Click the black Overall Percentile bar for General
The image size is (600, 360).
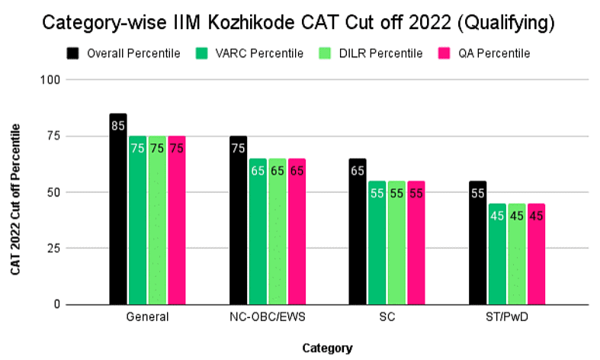[118, 210]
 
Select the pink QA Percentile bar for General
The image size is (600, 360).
[177, 220]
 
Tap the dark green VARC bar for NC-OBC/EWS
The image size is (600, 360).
[258, 232]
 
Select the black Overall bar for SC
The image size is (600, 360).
[358, 232]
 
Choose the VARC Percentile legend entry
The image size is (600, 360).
[251, 53]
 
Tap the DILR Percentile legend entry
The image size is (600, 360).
[374, 53]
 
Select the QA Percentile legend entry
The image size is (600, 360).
[484, 53]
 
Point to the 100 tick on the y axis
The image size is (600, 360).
[52, 79]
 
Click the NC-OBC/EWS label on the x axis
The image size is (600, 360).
[268, 317]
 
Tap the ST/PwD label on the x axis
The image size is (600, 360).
[506, 317]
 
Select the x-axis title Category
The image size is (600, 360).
[327, 348]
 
